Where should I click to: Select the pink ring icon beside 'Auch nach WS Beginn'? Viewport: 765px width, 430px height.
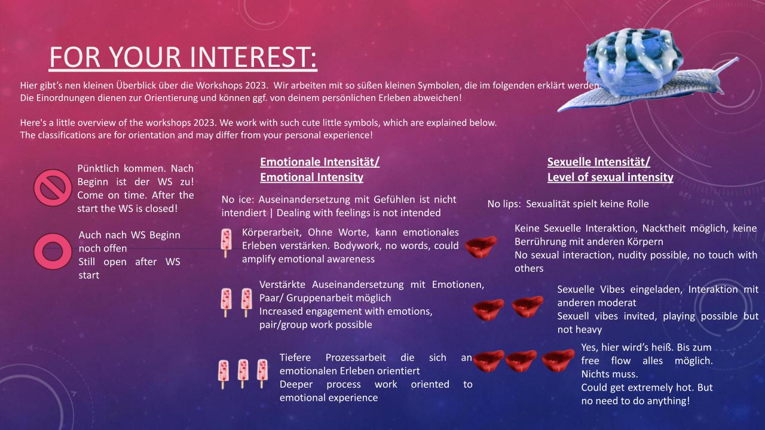tap(53, 250)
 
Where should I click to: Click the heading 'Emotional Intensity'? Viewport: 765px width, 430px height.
tap(311, 177)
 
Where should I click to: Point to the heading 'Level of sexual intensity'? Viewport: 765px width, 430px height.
tap(610, 177)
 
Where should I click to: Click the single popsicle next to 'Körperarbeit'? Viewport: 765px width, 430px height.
tap(226, 242)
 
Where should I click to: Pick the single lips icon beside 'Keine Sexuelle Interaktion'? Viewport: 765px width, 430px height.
tap(481, 245)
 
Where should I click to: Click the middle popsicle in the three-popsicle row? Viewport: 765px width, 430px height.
tap(243, 373)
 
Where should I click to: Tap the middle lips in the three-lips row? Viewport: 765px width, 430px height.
tap(521, 360)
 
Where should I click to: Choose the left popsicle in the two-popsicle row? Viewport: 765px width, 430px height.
tap(227, 302)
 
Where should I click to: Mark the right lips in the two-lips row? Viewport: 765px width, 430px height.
tap(527, 307)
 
